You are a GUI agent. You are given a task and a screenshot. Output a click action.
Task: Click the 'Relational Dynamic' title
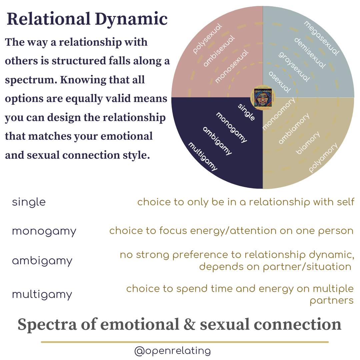click(87, 19)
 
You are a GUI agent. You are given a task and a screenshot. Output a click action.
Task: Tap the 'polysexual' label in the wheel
click(207, 38)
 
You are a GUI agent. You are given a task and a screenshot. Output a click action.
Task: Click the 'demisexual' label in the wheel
click(309, 53)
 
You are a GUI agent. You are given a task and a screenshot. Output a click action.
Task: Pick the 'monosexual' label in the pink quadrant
click(232, 66)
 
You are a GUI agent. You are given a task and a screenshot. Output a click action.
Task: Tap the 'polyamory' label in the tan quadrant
click(323, 157)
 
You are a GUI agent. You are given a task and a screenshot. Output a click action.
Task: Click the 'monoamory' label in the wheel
click(279, 114)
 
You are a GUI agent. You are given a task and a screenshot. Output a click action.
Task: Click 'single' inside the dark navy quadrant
click(247, 112)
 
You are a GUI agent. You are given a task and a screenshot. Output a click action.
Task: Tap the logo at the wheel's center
click(263, 97)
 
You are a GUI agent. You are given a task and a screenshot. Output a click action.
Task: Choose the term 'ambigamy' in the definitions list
click(42, 261)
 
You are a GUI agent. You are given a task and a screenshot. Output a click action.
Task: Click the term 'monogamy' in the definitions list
click(44, 231)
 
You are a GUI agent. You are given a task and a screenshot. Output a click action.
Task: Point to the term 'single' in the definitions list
click(29, 202)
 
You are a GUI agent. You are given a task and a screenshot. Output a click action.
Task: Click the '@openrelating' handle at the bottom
click(172, 351)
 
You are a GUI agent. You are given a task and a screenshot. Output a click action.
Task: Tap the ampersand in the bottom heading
click(190, 325)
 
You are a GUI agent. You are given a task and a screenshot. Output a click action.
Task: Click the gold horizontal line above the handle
click(185, 342)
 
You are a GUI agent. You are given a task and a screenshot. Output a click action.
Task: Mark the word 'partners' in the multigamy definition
click(331, 301)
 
